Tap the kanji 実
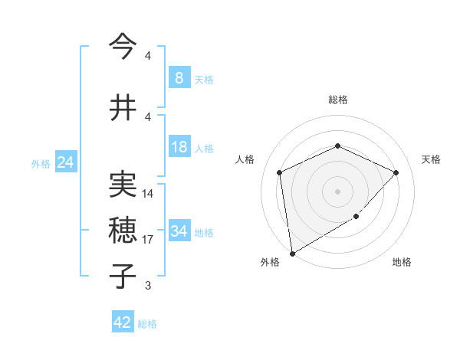[123, 185]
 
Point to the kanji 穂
[123, 231]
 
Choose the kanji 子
[123, 276]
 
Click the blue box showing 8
[179, 78]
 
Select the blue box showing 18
[179, 147]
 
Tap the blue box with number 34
[179, 231]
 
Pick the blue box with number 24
[66, 162]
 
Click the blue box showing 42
[122, 322]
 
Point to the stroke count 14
[148, 194]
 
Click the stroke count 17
[148, 240]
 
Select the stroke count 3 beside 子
[148, 286]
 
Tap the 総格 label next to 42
[147, 324]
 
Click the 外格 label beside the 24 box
[41, 164]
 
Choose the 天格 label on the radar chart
[431, 159]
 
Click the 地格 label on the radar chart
[402, 263]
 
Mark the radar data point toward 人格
[280, 172]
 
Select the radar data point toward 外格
[292, 252]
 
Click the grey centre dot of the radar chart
[337, 191]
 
